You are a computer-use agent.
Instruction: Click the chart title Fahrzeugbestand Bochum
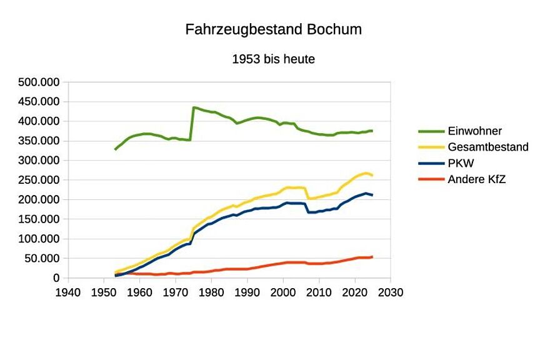coord(273,29)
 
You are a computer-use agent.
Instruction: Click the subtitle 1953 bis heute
coord(273,60)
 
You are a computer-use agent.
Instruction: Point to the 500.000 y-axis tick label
coord(39,82)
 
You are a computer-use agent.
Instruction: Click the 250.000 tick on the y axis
coord(39,180)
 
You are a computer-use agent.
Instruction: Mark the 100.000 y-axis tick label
coord(39,239)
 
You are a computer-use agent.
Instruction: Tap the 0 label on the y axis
coord(56,278)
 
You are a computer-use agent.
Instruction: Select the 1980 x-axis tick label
coord(212,292)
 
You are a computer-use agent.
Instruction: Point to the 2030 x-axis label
coord(391,292)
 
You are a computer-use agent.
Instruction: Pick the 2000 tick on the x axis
coord(284,292)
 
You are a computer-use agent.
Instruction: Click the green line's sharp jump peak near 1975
coord(194,107)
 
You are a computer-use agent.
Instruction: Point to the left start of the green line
coord(116,149)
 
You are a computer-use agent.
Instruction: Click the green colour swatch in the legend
coord(431,131)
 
